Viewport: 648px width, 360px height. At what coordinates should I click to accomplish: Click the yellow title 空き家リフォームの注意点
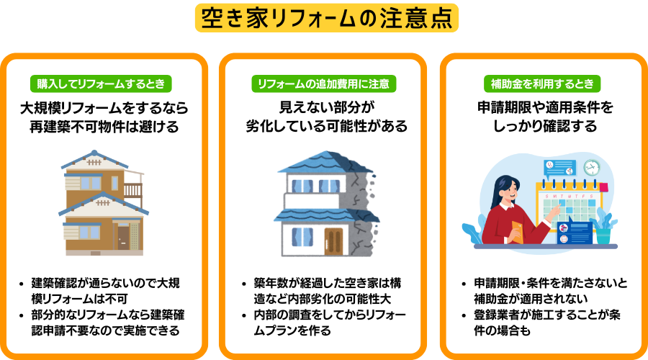[x=326, y=18]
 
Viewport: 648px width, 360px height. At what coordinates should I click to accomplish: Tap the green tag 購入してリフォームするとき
[x=101, y=84]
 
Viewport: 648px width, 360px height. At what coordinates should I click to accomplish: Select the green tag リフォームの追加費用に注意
[x=323, y=84]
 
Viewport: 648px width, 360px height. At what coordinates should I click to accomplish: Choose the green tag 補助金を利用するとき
[x=542, y=84]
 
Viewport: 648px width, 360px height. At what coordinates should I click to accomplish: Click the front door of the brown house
[x=123, y=238]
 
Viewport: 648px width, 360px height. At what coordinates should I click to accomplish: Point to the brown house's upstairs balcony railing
[x=132, y=189]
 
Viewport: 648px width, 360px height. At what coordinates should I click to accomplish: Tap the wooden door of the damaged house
[x=333, y=241]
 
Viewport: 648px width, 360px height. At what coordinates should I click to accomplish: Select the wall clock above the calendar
[x=591, y=168]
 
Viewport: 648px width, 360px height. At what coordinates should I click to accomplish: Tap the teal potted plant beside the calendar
[x=604, y=228]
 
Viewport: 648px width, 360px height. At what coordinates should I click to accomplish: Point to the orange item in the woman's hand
[x=517, y=232]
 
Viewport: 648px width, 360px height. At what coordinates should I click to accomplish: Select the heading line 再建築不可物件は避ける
[x=104, y=127]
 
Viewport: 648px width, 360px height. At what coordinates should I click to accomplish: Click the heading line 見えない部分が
[x=326, y=107]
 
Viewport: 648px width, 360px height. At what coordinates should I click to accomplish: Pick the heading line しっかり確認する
[x=545, y=126]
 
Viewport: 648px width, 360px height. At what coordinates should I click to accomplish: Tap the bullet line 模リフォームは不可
[x=79, y=299]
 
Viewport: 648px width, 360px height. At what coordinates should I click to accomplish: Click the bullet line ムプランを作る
[x=292, y=330]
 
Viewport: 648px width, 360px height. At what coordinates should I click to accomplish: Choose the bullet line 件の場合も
[x=502, y=330]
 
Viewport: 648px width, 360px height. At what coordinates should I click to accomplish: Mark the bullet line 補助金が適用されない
[x=531, y=298]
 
